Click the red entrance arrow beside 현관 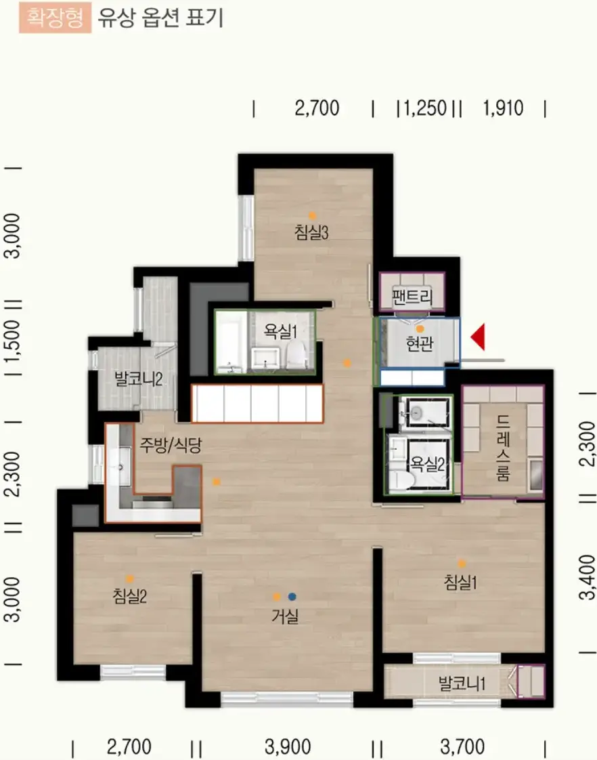coord(479,337)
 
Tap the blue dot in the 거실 coord(292,597)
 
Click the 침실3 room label coord(311,232)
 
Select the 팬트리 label coord(412,296)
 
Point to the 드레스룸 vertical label coord(503,448)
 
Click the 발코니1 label coord(462,683)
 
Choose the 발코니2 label coord(138,379)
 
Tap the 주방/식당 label coord(171,444)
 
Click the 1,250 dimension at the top coord(425,108)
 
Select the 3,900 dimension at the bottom coord(288,747)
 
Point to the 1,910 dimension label coord(503,108)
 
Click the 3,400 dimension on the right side coord(587,577)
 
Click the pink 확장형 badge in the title coord(56,18)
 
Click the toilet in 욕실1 coord(296,354)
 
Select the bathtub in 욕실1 coord(231,341)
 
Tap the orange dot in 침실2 coord(130,578)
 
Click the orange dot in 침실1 coord(462,564)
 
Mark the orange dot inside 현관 coord(420,329)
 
